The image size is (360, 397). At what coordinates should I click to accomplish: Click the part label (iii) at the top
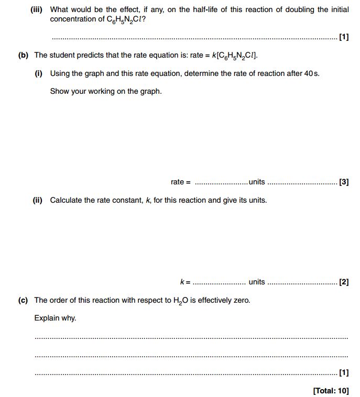(x=38, y=10)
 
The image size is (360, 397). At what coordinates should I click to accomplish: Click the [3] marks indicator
(x=344, y=182)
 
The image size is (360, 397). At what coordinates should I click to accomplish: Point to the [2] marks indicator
(x=344, y=282)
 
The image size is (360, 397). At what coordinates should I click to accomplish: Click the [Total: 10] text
(x=331, y=390)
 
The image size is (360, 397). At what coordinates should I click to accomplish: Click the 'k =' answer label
(x=185, y=282)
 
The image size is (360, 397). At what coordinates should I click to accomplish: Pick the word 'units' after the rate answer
(x=257, y=182)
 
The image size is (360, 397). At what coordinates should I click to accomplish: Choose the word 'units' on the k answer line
(x=257, y=282)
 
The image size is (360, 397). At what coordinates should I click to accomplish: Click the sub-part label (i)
(x=38, y=73)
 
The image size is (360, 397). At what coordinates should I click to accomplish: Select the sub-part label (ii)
(x=38, y=200)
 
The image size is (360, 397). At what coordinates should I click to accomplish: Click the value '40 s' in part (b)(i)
(x=311, y=73)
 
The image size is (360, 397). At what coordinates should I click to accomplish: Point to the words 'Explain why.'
(x=55, y=318)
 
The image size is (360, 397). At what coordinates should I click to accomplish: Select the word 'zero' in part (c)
(x=241, y=300)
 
